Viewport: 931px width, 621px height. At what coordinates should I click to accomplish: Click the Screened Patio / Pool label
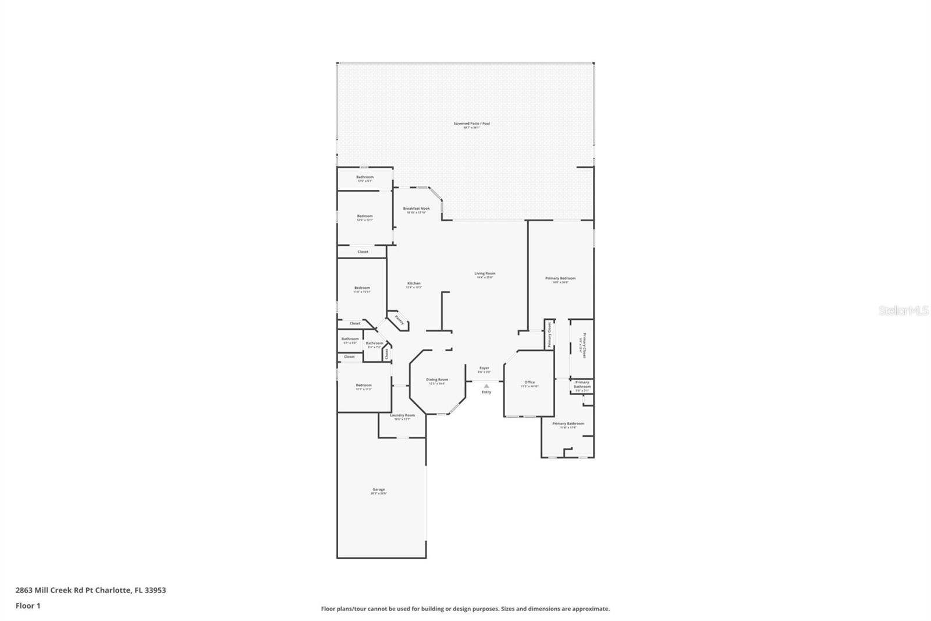471,124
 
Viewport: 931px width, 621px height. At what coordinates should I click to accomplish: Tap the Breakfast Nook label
416,209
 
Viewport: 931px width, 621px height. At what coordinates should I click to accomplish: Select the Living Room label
485,273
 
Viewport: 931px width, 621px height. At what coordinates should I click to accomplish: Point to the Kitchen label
414,284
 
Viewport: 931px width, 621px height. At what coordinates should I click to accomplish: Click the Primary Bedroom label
560,278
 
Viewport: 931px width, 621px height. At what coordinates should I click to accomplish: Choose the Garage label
378,490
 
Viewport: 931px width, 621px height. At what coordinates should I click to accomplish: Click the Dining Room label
437,380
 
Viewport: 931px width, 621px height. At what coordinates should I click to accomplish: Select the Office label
530,383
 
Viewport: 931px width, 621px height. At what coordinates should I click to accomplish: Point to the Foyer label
484,368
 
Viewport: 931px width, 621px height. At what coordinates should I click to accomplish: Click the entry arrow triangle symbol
486,386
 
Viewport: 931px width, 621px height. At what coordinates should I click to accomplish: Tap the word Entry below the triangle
486,392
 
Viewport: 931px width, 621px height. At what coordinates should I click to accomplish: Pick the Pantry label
399,320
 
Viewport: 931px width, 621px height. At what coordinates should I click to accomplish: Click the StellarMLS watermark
903,311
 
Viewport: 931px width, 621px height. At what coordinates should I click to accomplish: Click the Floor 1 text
28,606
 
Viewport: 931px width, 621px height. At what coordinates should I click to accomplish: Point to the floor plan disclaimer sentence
465,609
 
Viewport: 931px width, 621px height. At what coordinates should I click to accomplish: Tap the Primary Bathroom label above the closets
582,384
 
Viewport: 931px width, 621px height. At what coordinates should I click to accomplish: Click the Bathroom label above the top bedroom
365,177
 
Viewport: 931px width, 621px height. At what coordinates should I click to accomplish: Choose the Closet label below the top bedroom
363,252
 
